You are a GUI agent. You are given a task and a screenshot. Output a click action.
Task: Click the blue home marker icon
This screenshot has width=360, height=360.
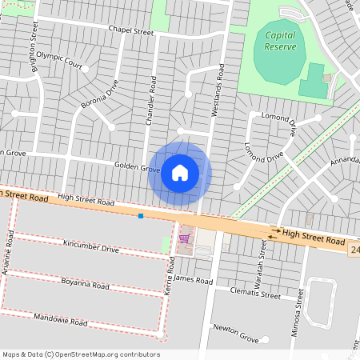(x=180, y=173)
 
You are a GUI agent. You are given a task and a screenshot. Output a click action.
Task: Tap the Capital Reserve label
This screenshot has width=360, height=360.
(x=280, y=41)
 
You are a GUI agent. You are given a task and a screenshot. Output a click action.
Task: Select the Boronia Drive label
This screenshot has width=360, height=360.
(x=99, y=94)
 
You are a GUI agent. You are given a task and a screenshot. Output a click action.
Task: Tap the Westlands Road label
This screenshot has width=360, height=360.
(x=216, y=90)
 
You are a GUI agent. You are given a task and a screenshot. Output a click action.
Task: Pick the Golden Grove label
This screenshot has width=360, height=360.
(x=137, y=168)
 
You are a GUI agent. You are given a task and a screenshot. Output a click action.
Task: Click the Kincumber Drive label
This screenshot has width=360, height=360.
(x=91, y=250)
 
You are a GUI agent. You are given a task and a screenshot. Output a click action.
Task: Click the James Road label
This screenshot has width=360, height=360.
(x=194, y=281)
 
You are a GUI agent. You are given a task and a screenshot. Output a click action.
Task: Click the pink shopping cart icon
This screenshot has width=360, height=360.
(x=184, y=237)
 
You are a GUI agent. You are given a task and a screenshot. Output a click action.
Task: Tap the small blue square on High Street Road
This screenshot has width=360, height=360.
(x=141, y=215)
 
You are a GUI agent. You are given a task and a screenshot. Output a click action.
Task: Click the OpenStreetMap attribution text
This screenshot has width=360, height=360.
(x=80, y=354)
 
